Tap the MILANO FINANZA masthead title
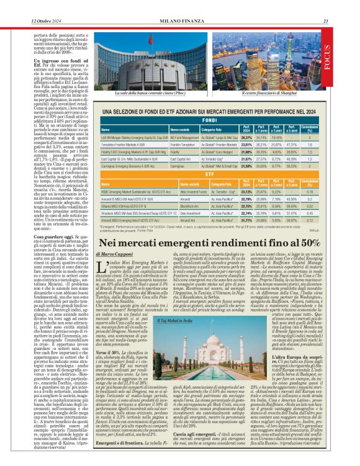[x=180, y=5]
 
